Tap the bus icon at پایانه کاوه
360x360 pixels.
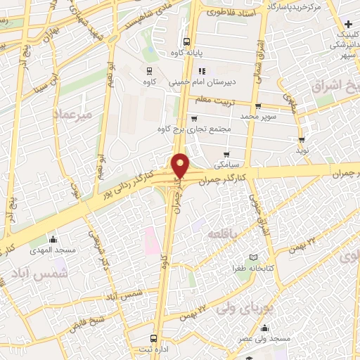coord(186,41)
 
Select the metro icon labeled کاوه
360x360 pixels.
coord(149,71)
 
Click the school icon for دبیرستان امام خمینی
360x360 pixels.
coord(201,71)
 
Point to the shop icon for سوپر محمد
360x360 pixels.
coord(258,106)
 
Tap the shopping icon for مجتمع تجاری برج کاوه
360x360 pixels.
coord(193,119)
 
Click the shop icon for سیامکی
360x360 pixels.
coord(226,155)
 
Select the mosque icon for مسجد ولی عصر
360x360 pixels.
coord(264,328)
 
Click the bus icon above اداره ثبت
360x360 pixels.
coord(155,338)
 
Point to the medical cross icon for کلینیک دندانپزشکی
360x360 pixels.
coord(348,25)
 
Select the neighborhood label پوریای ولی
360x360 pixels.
coord(239,308)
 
